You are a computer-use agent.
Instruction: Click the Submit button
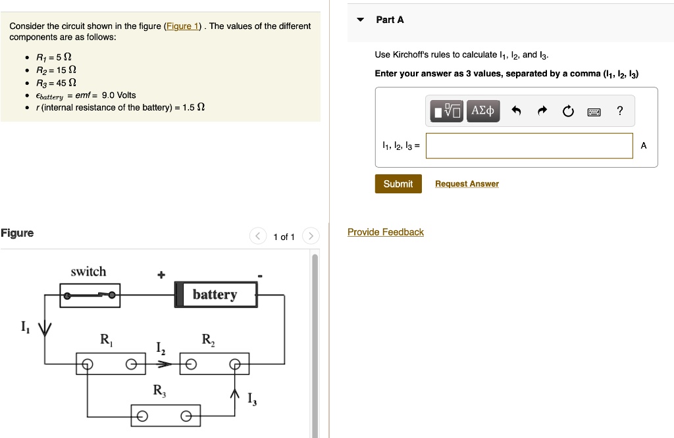click(398, 184)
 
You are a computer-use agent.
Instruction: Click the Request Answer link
click(467, 184)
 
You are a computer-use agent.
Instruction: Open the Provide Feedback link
click(386, 232)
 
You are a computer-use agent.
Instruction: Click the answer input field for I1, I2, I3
click(529, 146)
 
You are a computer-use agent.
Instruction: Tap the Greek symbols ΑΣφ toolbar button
click(483, 111)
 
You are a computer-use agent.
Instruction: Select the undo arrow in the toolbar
click(516, 112)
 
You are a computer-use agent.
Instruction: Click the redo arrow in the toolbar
click(542, 112)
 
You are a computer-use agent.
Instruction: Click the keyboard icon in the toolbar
click(594, 112)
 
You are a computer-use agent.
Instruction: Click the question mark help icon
click(619, 111)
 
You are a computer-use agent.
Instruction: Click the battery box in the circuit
click(215, 295)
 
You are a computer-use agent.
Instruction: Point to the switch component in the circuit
click(90, 295)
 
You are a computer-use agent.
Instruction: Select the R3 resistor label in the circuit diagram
click(159, 391)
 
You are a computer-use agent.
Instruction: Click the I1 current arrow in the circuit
click(44, 328)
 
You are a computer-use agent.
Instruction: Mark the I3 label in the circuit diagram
click(251, 399)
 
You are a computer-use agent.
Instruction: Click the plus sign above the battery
click(161, 274)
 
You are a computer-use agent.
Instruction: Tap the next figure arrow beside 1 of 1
click(311, 237)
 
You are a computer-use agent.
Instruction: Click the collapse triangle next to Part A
click(360, 20)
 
